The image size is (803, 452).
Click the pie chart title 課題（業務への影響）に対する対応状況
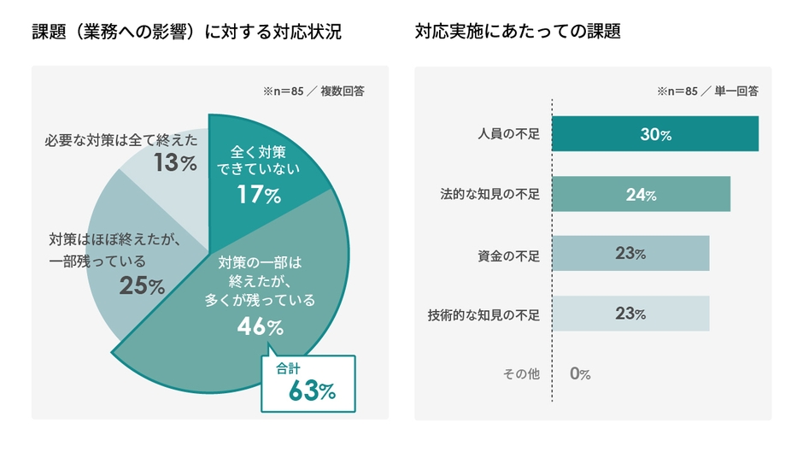tap(186, 32)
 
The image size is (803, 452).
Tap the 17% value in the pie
tap(260, 195)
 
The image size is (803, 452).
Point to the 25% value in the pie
tap(142, 286)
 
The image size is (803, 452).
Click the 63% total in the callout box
tap(312, 390)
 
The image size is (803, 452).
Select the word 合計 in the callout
tap(288, 368)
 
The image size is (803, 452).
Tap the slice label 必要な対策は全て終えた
tap(120, 139)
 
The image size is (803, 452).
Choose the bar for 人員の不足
tap(655, 134)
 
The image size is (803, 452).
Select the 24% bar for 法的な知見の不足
tap(641, 194)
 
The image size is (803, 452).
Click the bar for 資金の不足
tap(630, 254)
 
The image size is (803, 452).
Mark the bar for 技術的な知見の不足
tap(630, 314)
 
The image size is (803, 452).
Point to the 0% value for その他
tap(580, 374)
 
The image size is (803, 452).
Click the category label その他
tap(520, 374)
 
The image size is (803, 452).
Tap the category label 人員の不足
tap(508, 135)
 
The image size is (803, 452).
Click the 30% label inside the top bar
tap(655, 134)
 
